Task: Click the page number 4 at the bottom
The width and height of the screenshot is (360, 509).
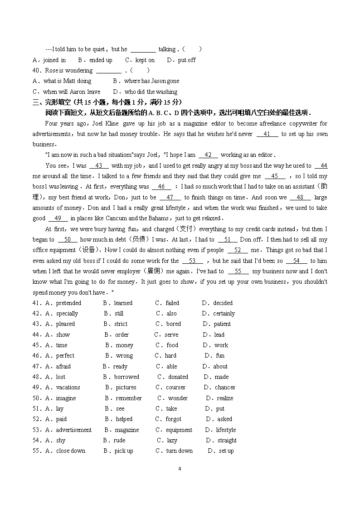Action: tap(180, 469)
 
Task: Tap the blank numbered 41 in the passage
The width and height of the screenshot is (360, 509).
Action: tap(267, 134)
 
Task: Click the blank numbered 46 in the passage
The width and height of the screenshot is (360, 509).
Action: tap(161, 186)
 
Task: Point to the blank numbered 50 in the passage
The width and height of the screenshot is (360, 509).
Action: tap(68, 239)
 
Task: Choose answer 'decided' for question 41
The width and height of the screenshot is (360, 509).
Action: tap(223, 303)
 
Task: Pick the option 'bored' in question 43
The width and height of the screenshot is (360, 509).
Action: tap(173, 324)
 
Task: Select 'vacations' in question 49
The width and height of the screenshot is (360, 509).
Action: tap(68, 387)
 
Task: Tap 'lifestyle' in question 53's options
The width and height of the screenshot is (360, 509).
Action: tap(226, 430)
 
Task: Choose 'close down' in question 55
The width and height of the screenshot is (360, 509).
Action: tap(71, 451)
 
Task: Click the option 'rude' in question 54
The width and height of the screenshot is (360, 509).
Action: tap(119, 440)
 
